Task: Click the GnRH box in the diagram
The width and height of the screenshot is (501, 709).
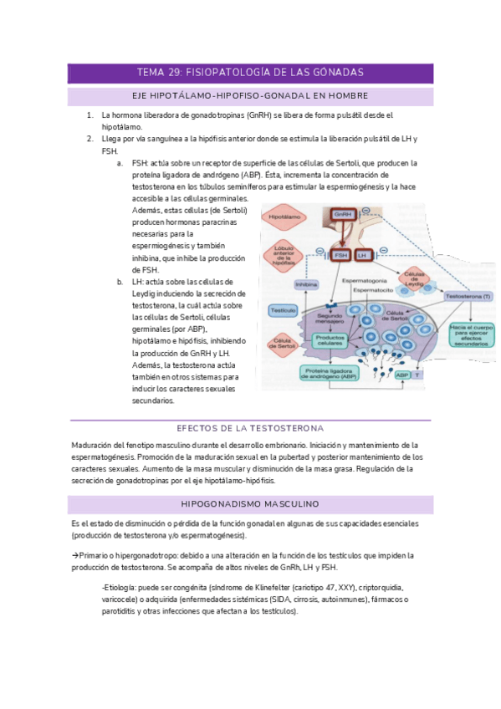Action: [342, 216]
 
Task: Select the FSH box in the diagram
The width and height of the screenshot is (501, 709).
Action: [341, 255]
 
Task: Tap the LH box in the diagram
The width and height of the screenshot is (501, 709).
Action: [362, 255]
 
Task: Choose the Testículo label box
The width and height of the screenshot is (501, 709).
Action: [282, 310]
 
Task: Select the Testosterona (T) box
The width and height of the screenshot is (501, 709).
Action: [468, 297]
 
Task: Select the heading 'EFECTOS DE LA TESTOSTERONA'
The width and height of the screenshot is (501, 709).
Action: [250, 429]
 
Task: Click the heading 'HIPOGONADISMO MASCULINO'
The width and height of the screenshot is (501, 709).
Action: [250, 505]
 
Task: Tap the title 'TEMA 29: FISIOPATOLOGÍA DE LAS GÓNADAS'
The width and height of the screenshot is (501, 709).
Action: [250, 74]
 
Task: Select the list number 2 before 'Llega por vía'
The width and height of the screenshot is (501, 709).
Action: [90, 138]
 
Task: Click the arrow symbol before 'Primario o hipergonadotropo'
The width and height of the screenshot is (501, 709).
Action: [75, 555]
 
